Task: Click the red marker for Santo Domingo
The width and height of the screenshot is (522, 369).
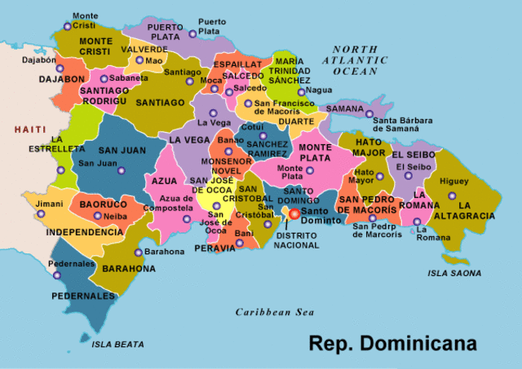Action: (x=294, y=213)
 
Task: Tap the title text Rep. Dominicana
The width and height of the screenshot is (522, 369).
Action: (x=392, y=343)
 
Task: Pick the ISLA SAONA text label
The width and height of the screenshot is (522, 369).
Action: (x=454, y=273)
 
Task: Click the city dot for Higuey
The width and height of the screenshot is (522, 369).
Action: (x=452, y=195)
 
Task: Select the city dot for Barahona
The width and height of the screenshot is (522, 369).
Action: (x=138, y=253)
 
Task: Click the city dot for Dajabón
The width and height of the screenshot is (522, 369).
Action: (x=60, y=68)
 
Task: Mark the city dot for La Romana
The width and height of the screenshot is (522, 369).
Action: (x=417, y=222)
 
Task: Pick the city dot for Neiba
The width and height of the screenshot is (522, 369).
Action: (x=98, y=216)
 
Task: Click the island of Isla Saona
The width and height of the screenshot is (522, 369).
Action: (x=458, y=260)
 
